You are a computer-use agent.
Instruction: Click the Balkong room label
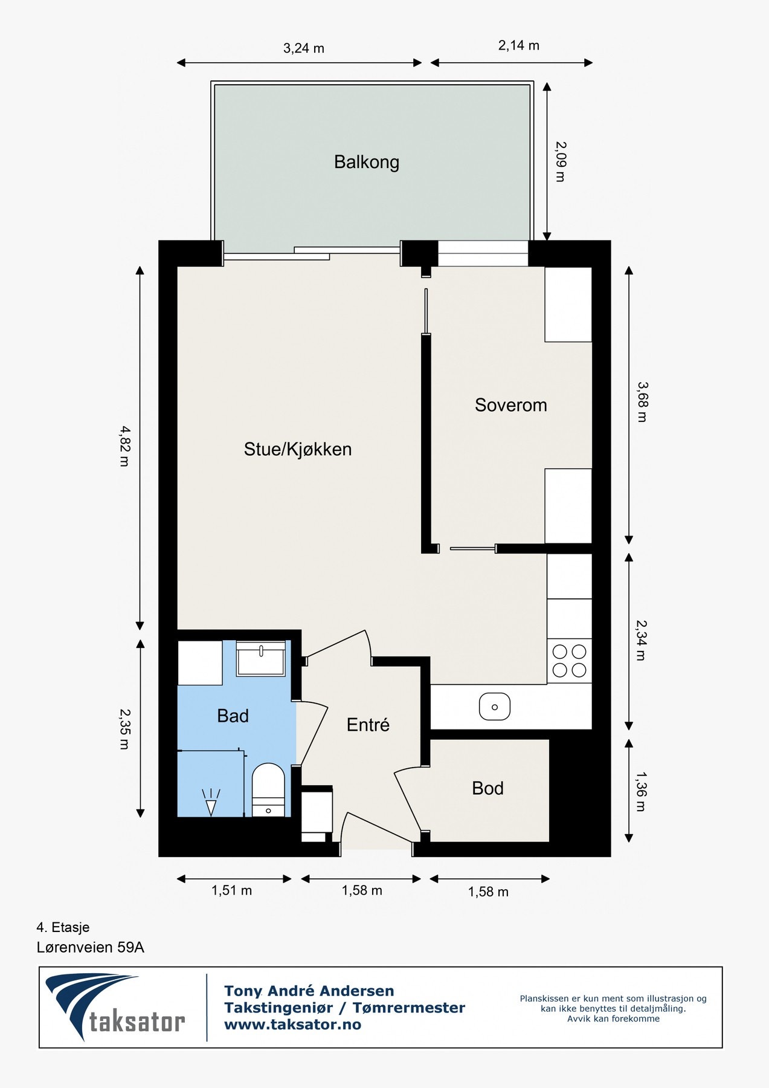pyautogui.click(x=367, y=162)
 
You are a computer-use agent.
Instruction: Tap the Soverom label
pyautogui.click(x=511, y=405)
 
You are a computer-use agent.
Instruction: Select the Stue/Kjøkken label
pyautogui.click(x=298, y=449)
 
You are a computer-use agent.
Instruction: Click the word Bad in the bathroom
pyautogui.click(x=233, y=716)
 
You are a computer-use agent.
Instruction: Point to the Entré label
pyautogui.click(x=368, y=724)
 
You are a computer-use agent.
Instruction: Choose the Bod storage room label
pyautogui.click(x=487, y=788)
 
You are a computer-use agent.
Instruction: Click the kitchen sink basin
pyautogui.click(x=495, y=707)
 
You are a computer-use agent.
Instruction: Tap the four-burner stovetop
pyautogui.click(x=569, y=661)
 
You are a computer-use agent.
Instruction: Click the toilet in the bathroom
pyautogui.click(x=268, y=789)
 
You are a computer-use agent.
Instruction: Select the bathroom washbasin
pyautogui.click(x=261, y=658)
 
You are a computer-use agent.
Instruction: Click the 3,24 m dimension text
pyautogui.click(x=304, y=48)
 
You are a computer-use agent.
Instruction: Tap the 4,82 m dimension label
pyautogui.click(x=124, y=446)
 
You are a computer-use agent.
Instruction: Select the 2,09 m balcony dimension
pyautogui.click(x=561, y=161)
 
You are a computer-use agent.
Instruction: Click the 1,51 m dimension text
pyautogui.click(x=231, y=890)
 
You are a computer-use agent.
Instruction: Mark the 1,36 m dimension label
pyautogui.click(x=642, y=791)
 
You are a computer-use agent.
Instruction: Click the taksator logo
pyautogui.click(x=115, y=1007)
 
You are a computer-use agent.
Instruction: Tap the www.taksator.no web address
pyautogui.click(x=292, y=1025)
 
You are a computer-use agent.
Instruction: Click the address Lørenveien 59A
pyautogui.click(x=91, y=947)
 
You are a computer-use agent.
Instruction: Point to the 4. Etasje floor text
pyautogui.click(x=63, y=927)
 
